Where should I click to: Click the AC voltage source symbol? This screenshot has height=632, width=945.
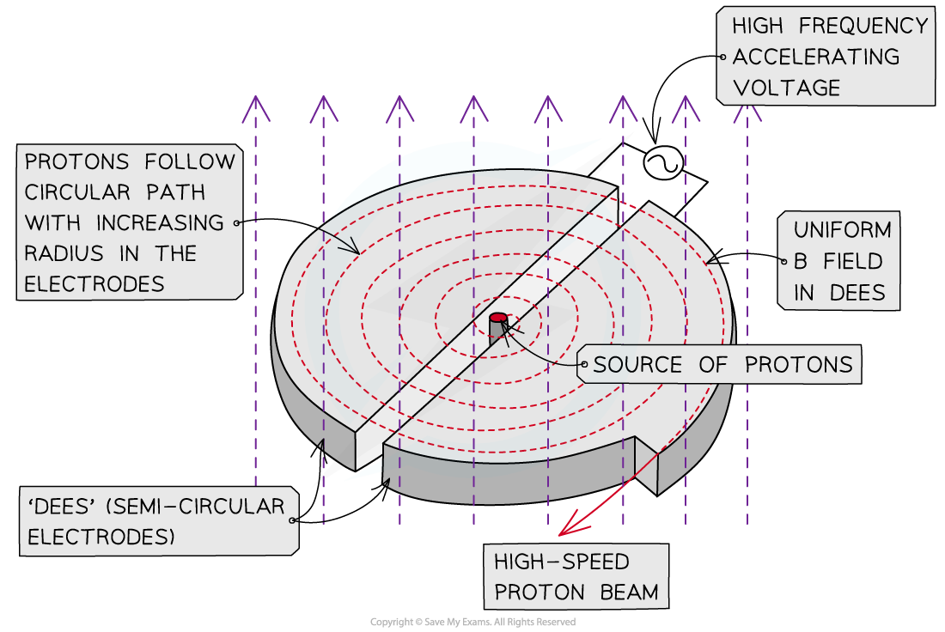664,163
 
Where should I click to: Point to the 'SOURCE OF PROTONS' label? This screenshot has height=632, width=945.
722,364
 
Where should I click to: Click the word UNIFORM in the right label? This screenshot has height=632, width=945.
843,230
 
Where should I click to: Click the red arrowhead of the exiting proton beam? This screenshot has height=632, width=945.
568,525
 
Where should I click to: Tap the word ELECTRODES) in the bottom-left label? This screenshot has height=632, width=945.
101,538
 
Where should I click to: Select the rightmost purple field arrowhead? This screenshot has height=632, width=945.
747,110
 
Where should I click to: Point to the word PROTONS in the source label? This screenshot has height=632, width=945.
799,364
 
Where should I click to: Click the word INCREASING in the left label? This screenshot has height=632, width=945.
160,222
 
